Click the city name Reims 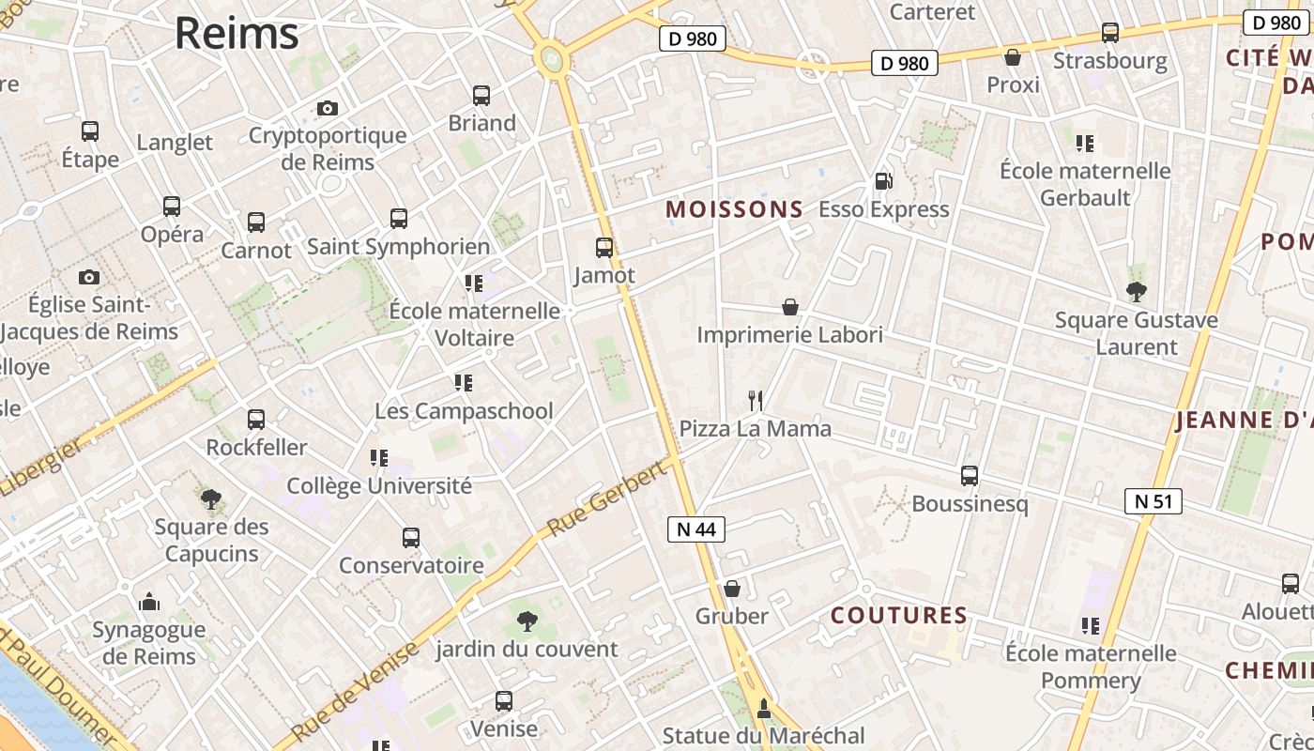[237, 34]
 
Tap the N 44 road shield [696, 529]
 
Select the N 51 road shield [1154, 501]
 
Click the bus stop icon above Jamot [604, 248]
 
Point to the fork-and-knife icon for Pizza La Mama [756, 401]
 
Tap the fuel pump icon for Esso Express [882, 181]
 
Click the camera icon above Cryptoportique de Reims [327, 108]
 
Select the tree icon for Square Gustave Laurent [1137, 292]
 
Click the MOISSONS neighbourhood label [735, 209]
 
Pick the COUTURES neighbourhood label [899, 616]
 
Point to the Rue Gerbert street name [606, 499]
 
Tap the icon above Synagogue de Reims [148, 602]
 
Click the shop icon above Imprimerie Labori [790, 307]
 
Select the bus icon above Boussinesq [970, 476]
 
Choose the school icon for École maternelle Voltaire [474, 283]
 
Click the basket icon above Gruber [732, 589]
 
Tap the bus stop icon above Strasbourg [1110, 33]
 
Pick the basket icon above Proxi [1013, 57]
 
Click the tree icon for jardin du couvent [527, 621]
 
